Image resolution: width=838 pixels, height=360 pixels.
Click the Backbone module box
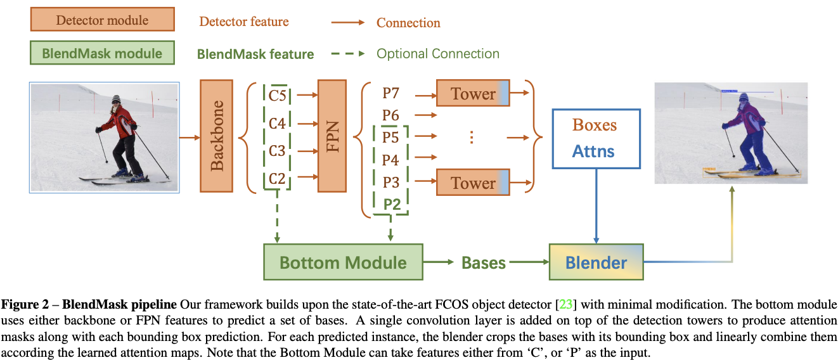coord(217,136)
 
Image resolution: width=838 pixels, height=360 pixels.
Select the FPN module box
coord(332,136)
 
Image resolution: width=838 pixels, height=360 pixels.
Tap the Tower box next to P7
coord(473,94)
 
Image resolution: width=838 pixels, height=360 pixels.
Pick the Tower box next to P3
coord(473,183)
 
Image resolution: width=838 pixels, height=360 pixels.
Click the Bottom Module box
coord(343,262)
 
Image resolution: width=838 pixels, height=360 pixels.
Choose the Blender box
coord(596,262)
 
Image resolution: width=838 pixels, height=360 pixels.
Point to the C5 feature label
coord(277,96)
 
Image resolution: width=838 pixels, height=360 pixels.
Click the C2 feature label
coord(277,179)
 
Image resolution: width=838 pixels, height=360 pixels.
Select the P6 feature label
coord(390,115)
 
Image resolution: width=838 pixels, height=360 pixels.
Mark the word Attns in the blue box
coord(594,151)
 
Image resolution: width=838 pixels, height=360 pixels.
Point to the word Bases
coord(484,262)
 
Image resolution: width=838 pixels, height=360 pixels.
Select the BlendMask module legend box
coord(101,53)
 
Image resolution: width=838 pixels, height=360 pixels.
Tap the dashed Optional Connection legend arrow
coord(348,54)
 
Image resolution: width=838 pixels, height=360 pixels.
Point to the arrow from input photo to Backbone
coord(190,136)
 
